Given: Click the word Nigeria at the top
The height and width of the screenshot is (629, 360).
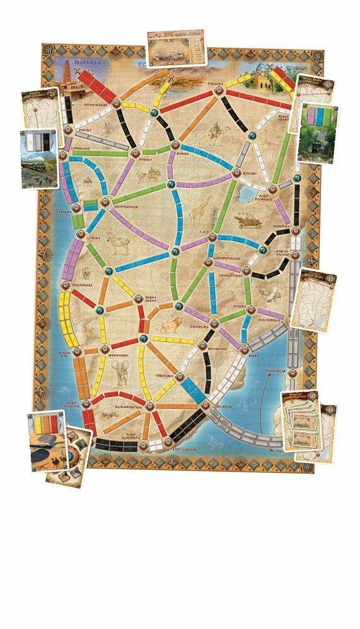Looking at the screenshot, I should pyautogui.click(x=87, y=63).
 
